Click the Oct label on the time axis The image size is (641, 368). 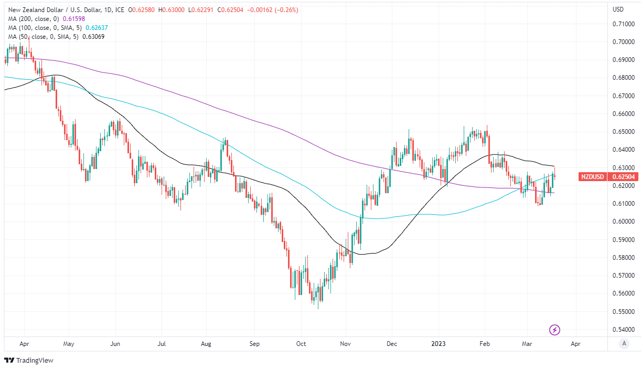pos(301,344)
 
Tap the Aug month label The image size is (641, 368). pos(206,344)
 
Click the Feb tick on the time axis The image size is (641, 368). pos(485,344)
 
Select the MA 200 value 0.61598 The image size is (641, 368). pos(74,18)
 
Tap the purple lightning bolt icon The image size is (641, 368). pos(555,330)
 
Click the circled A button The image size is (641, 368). pos(624,344)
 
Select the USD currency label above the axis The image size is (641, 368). pos(618,9)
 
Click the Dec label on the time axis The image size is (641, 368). pos(391,344)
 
